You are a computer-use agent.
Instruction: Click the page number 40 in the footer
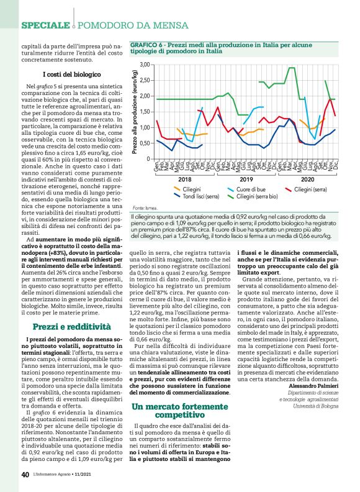coord(25,475)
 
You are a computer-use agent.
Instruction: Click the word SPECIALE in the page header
coord(45,25)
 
